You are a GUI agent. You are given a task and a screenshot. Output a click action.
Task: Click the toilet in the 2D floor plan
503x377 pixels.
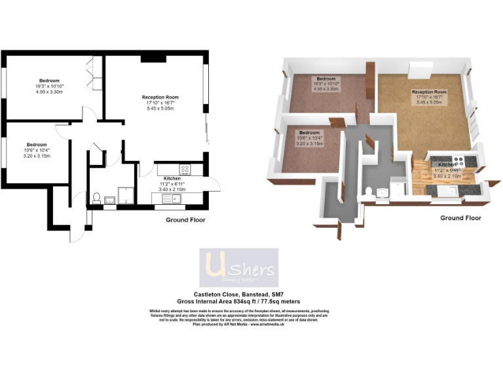97,196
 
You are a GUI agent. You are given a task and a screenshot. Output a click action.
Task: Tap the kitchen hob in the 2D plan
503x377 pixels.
185,169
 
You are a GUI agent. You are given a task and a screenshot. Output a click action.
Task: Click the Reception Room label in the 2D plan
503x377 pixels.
160,98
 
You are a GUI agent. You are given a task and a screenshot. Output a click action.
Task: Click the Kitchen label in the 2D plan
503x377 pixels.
172,178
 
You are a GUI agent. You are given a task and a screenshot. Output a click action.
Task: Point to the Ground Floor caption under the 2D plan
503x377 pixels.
185,220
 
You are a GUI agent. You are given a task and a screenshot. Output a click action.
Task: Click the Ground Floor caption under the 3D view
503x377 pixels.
460,217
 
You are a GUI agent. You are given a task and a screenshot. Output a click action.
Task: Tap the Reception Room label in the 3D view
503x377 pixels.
429,92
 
